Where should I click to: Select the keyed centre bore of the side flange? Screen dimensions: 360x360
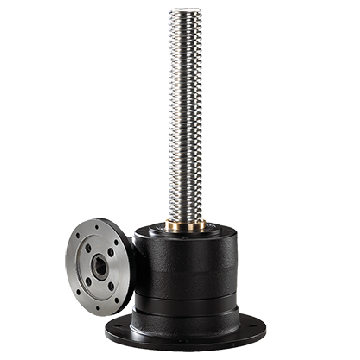(x=99, y=267)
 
